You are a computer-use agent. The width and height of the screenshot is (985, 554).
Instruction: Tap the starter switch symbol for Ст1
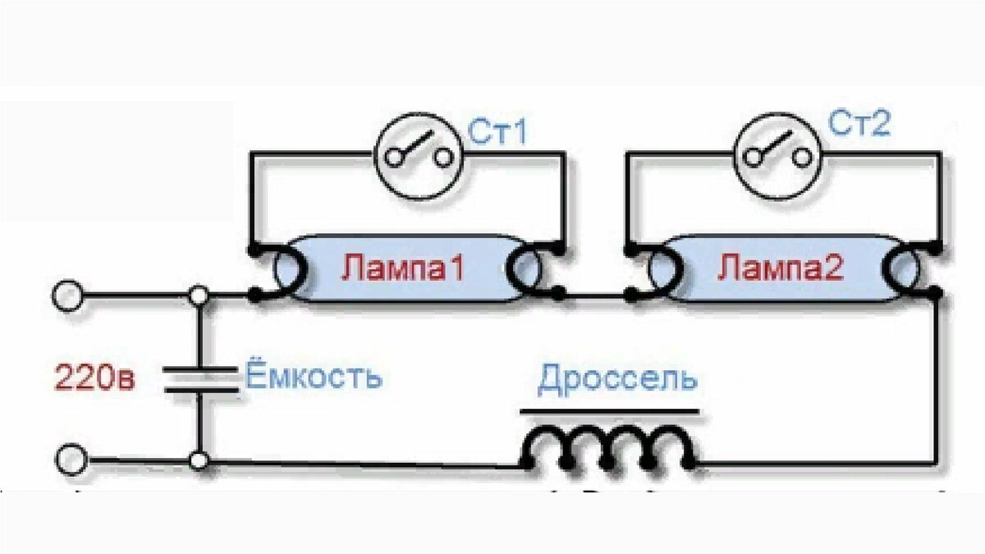(x=419, y=156)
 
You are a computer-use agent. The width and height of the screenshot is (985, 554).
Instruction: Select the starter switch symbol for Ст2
(x=778, y=156)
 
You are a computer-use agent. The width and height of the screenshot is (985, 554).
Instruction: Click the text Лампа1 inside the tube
(x=403, y=268)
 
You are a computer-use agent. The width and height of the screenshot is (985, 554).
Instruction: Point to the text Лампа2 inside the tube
(x=781, y=268)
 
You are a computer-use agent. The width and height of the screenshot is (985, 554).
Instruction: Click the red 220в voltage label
(x=94, y=378)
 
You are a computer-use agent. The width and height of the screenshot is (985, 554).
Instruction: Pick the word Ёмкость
(x=314, y=375)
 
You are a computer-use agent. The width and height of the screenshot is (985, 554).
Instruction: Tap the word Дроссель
(x=618, y=379)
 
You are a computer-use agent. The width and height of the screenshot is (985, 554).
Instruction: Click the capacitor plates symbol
(x=201, y=379)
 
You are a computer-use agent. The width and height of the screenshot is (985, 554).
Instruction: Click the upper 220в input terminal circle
(x=67, y=296)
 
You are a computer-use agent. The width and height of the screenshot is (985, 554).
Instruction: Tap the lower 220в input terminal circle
(x=71, y=460)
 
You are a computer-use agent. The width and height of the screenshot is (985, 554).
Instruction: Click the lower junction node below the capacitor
(x=199, y=460)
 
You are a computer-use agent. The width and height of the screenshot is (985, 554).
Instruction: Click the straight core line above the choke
(x=609, y=412)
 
